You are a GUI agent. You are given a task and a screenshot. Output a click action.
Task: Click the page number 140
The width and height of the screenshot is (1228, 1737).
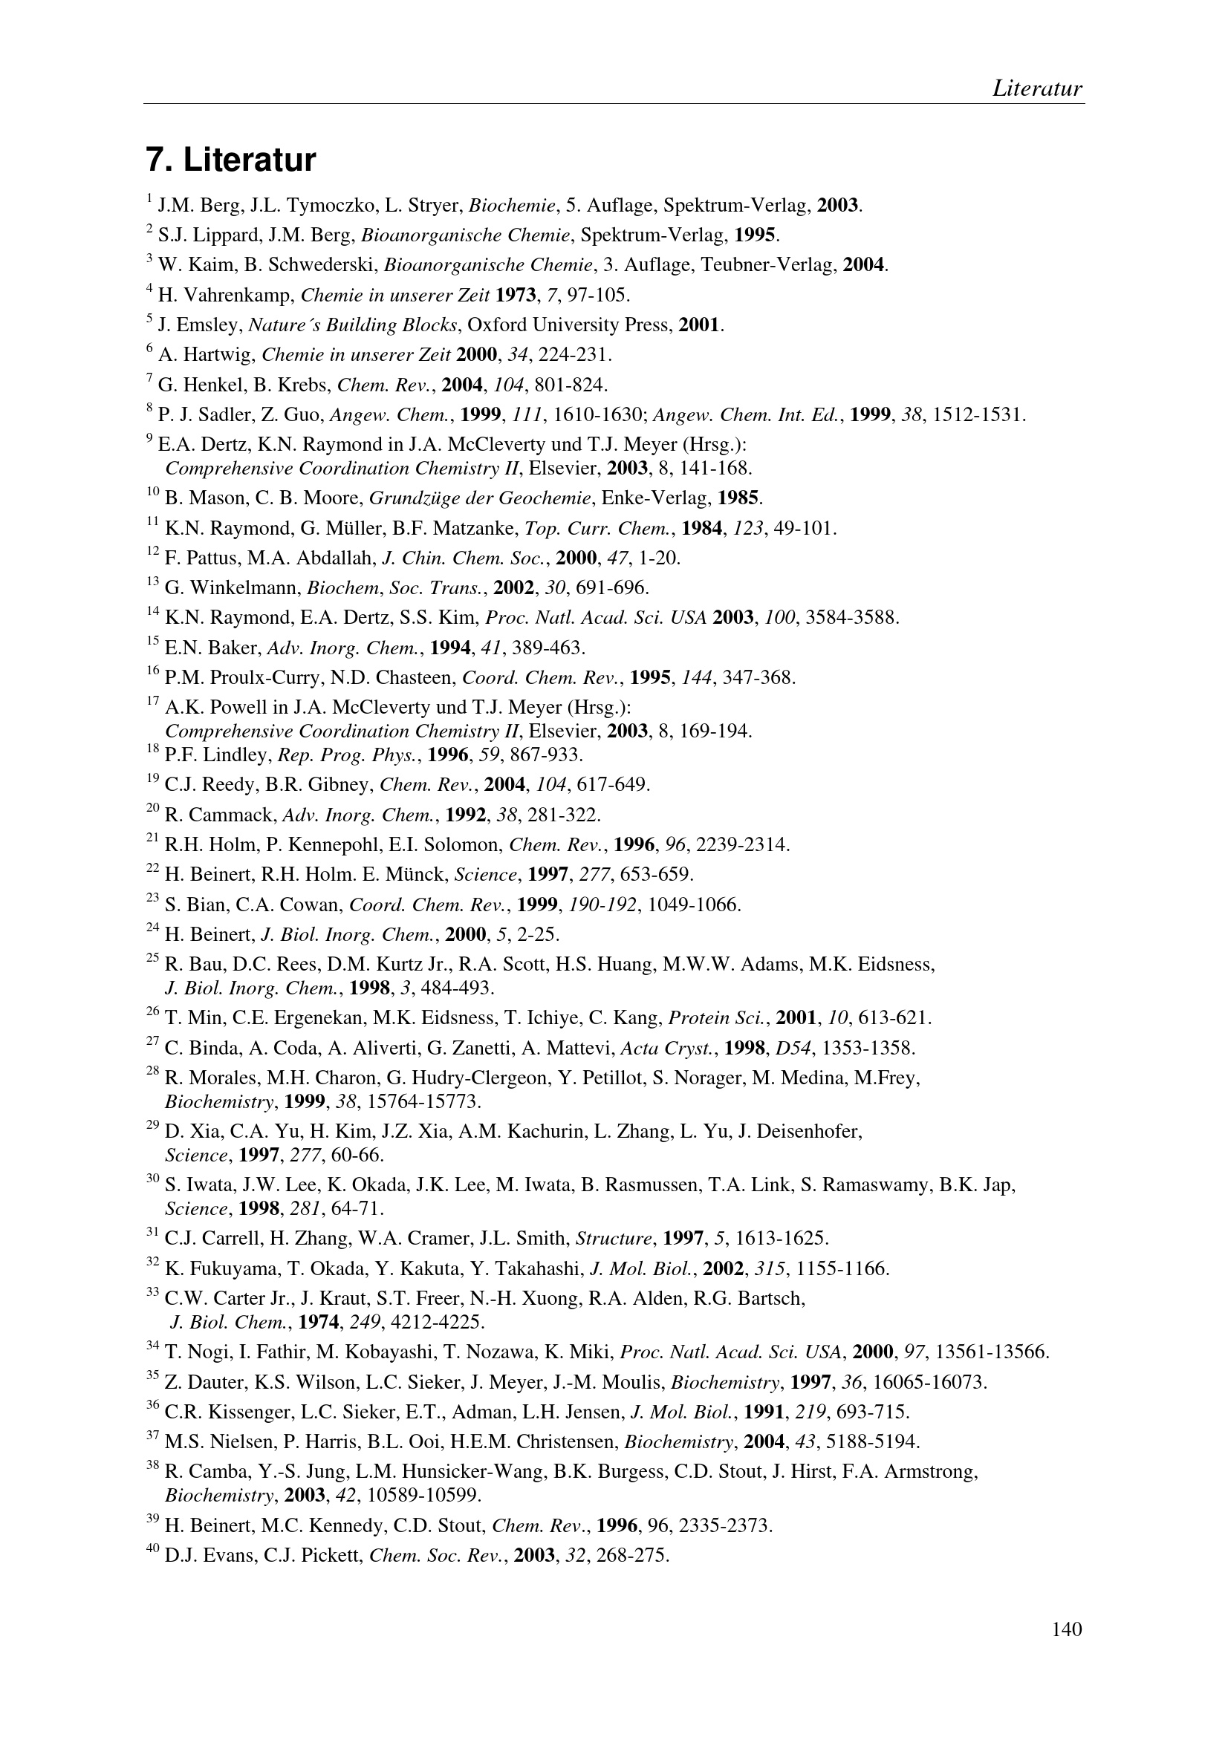coord(1066,1628)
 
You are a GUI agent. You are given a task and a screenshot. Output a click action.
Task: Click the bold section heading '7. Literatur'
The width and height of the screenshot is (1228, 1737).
coord(230,160)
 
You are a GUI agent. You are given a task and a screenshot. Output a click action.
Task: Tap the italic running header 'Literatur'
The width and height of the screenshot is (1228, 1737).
coord(1036,88)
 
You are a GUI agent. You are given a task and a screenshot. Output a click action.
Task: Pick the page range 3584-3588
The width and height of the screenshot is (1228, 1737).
coord(852,618)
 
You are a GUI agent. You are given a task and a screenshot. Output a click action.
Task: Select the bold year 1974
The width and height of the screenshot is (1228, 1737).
coord(319,1323)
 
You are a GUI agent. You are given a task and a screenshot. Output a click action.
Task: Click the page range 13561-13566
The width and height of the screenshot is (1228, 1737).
coord(992,1352)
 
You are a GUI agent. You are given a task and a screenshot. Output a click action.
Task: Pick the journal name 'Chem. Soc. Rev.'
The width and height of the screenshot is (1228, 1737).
coord(437,1557)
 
